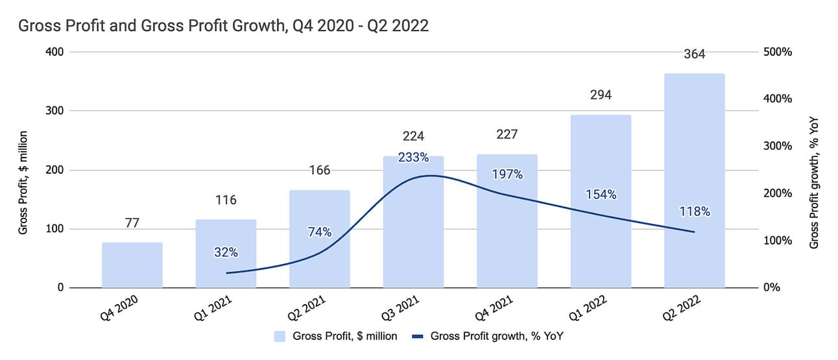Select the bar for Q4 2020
tap(132, 265)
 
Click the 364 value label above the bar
tap(695, 54)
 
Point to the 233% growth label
tap(413, 157)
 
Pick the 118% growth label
tap(695, 211)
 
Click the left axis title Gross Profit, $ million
tap(23, 182)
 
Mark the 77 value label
tap(132, 223)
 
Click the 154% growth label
tap(601, 195)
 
